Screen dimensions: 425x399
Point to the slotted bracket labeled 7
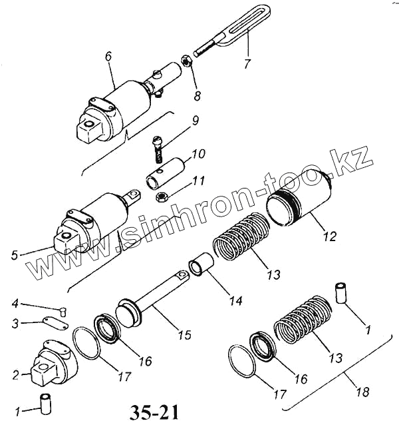coord(236,27)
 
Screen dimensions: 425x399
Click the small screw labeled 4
coord(63,308)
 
